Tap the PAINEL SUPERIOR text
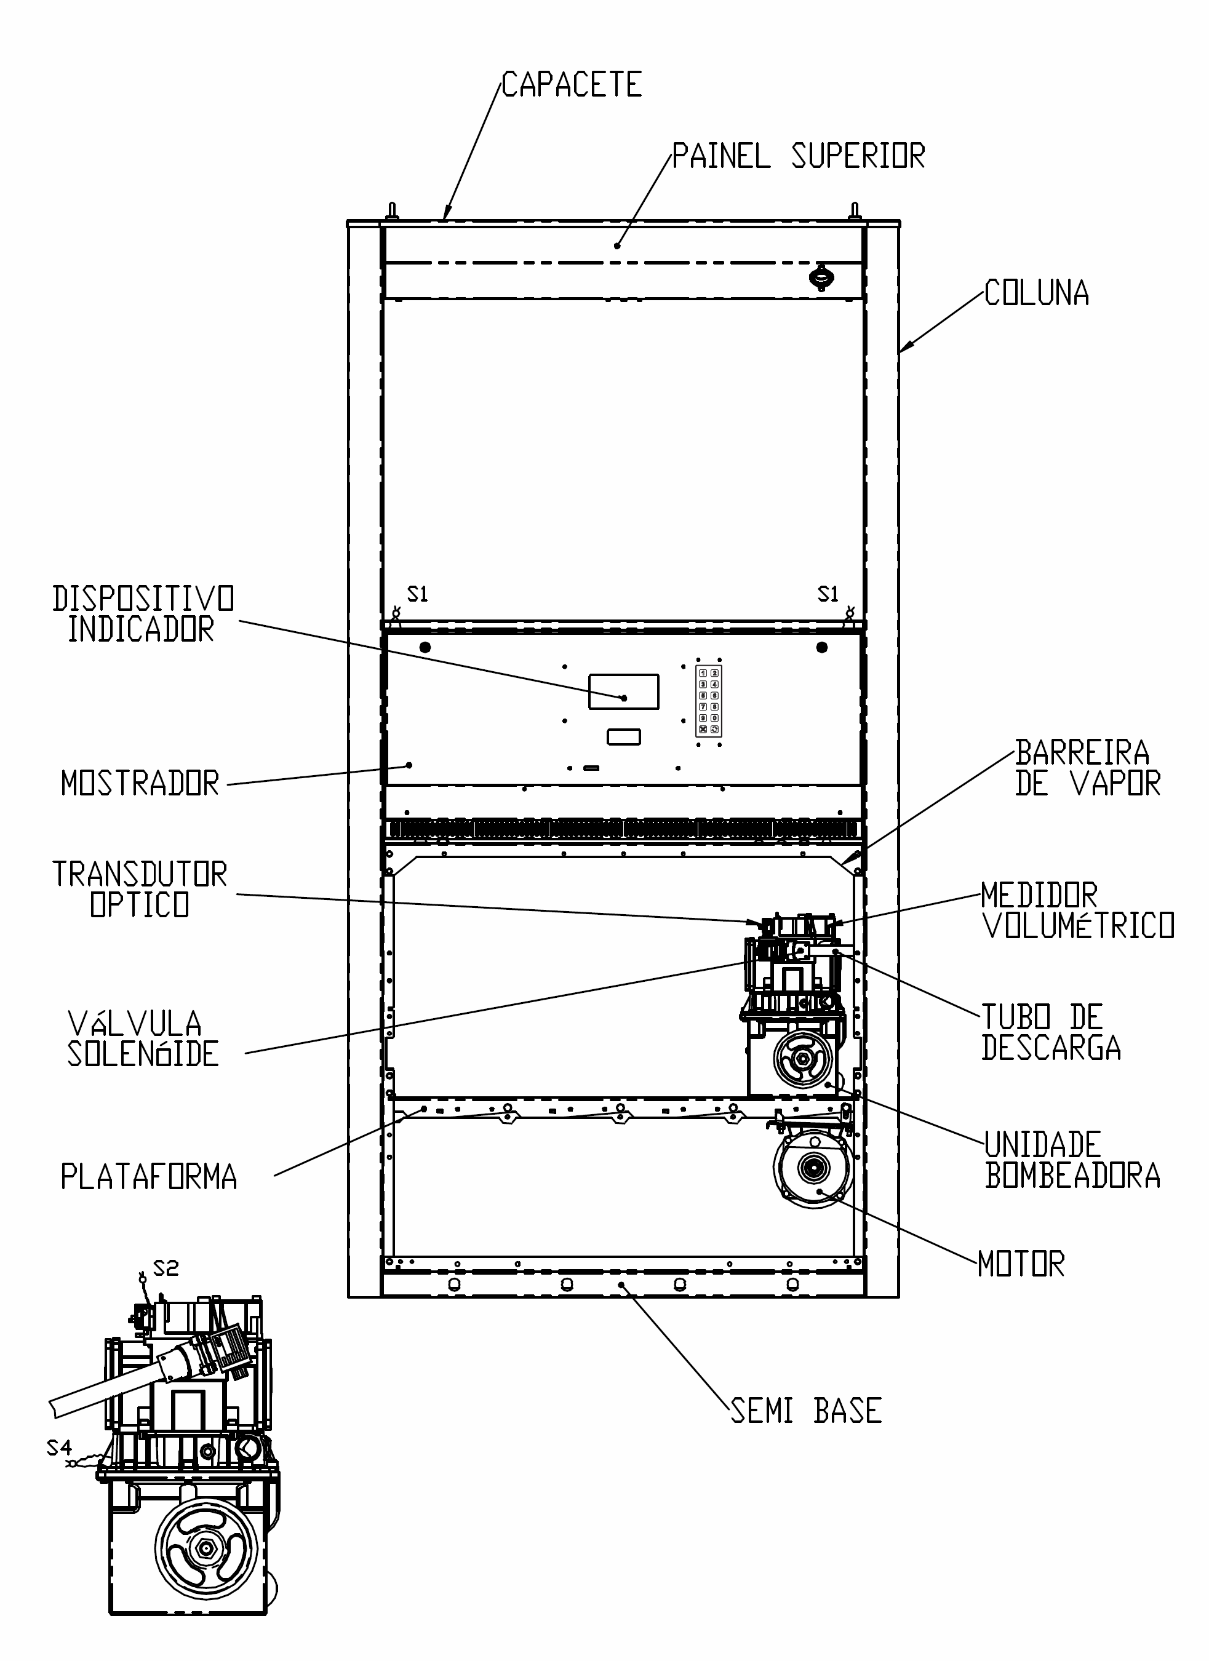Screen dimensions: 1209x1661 pyautogui.click(x=798, y=156)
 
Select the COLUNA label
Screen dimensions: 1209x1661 pyautogui.click(x=1036, y=293)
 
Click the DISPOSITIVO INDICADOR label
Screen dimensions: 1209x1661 pyautogui.click(x=143, y=614)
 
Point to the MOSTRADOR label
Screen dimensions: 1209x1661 pyautogui.click(x=140, y=784)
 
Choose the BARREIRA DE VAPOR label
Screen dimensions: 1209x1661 pyautogui.click(x=1087, y=768)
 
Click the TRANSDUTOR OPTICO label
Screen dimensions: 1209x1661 pyautogui.click(x=140, y=889)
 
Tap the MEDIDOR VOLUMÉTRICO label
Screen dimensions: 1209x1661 pyautogui.click(x=1078, y=910)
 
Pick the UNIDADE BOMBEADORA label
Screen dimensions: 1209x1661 pyautogui.click(x=1072, y=1160)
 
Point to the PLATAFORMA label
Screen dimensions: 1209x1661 pyautogui.click(x=149, y=1177)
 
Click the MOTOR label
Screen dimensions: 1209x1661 pyautogui.click(x=1021, y=1265)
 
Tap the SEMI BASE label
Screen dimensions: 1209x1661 pyautogui.click(x=806, y=1411)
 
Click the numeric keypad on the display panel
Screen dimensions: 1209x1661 pyautogui.click(x=708, y=701)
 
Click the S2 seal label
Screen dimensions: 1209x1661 pyautogui.click(x=166, y=1268)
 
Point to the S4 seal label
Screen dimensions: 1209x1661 pyautogui.click(x=59, y=1448)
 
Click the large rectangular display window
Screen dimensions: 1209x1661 pyautogui.click(x=623, y=691)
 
